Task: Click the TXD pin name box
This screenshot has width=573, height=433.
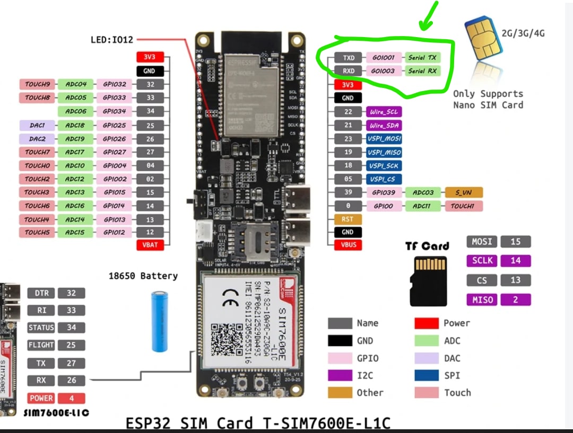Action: click(348, 57)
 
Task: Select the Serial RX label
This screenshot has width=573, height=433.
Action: click(422, 71)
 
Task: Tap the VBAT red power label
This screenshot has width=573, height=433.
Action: click(150, 245)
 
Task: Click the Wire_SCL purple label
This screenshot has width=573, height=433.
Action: click(383, 112)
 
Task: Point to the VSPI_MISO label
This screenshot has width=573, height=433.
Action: click(384, 152)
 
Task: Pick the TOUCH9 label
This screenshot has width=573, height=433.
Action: click(37, 84)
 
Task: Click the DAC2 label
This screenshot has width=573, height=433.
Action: click(37, 139)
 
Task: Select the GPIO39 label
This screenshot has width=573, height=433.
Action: click(384, 192)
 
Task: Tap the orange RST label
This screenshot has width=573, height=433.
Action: click(348, 219)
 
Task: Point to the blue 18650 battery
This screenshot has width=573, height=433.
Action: click(160, 321)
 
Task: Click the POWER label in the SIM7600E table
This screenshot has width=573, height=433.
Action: click(41, 398)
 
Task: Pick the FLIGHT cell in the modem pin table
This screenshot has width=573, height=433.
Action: click(41, 345)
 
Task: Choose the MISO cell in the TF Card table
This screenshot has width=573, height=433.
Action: click(482, 300)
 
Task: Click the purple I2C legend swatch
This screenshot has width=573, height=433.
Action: click(340, 375)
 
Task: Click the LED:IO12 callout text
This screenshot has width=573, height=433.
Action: click(112, 39)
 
